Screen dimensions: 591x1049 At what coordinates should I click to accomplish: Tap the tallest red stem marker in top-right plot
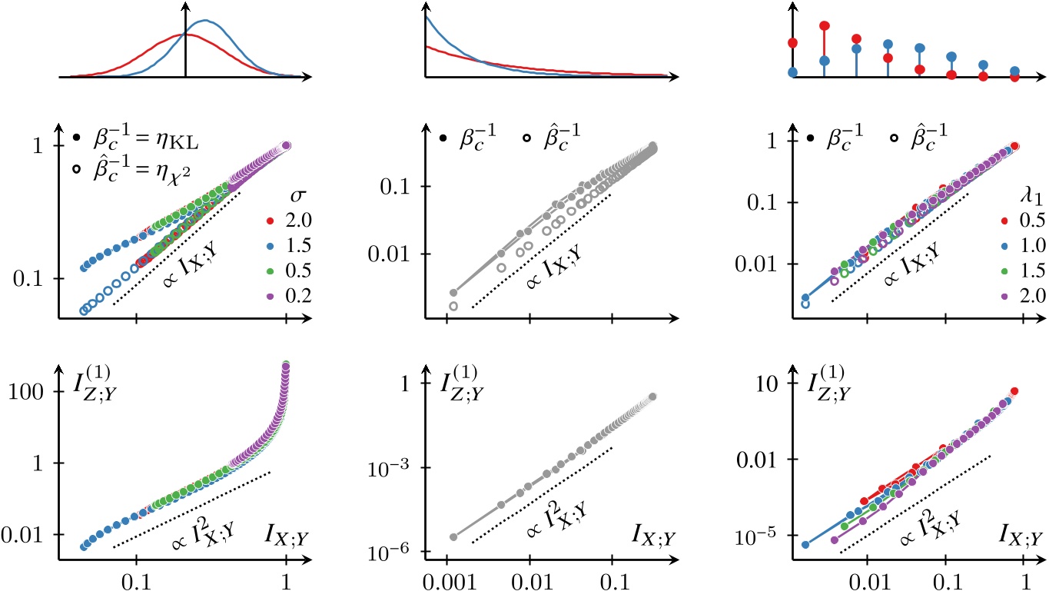(x=825, y=26)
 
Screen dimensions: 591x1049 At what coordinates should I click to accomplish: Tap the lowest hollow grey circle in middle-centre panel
(x=453, y=306)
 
